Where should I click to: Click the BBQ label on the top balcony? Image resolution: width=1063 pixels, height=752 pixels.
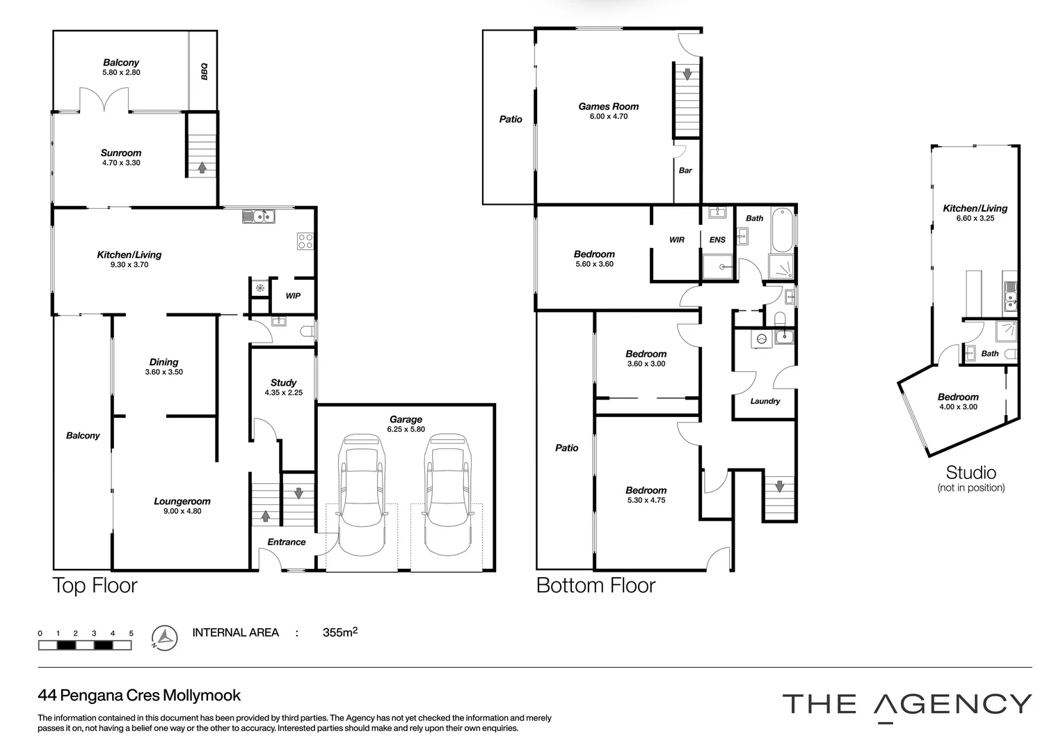(x=204, y=71)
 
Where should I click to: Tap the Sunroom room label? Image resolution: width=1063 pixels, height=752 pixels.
(x=121, y=153)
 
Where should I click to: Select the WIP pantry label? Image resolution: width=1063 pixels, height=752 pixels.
(x=293, y=296)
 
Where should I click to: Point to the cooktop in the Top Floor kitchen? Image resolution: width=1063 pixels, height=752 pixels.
(x=305, y=241)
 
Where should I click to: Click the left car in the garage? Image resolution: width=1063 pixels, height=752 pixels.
(x=360, y=495)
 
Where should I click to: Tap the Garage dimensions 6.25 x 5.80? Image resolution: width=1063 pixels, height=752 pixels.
(x=406, y=430)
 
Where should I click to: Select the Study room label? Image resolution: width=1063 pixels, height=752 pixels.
(x=283, y=382)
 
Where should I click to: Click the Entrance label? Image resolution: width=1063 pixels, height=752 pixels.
(x=287, y=542)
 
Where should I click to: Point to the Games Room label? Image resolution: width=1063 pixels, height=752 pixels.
(x=608, y=107)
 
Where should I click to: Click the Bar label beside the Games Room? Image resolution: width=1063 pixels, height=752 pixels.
(x=685, y=170)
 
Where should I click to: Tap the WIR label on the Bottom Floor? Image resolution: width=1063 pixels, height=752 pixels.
(x=676, y=240)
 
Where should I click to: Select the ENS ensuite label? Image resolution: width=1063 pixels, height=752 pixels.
(x=717, y=240)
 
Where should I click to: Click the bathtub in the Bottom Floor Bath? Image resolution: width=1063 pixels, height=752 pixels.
(x=782, y=230)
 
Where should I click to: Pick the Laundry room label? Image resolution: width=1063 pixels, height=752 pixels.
(x=765, y=401)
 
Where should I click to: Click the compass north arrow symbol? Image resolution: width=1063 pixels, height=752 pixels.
(x=164, y=637)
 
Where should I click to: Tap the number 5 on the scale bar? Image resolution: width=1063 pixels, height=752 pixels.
(x=131, y=634)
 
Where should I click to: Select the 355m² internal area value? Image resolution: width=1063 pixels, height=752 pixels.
(x=340, y=632)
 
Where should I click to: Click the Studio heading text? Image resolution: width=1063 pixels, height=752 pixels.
(x=970, y=473)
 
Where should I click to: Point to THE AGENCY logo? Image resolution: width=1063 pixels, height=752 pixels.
(x=906, y=705)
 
